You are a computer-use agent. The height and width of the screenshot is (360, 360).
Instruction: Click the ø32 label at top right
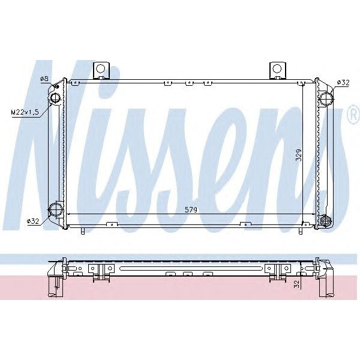[x=343, y=82]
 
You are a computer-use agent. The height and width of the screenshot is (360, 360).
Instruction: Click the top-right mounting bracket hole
[x=277, y=69]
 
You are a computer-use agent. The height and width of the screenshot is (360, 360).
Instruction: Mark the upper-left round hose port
[x=55, y=98]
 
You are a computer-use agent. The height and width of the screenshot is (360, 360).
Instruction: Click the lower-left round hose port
[x=55, y=209]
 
